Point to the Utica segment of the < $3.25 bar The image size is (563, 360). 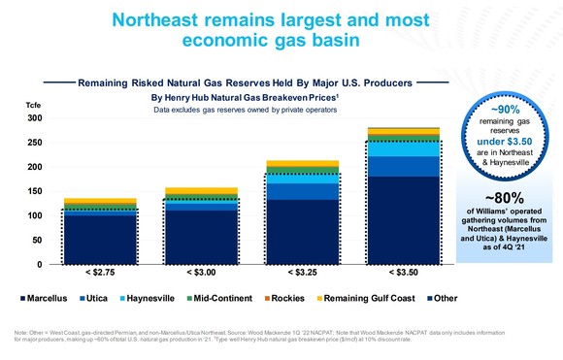coord(303,191)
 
